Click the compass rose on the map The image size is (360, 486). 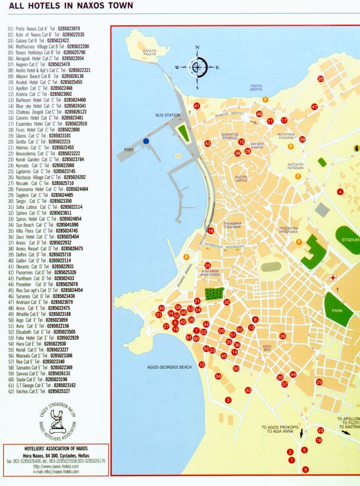[x=197, y=67]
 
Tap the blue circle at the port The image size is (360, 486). [x=146, y=141]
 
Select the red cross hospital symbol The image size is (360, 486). [x=332, y=278]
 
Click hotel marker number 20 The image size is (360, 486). [x=320, y=79]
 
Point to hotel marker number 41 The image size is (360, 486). [x=197, y=106]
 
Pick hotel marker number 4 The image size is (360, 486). [x=340, y=192]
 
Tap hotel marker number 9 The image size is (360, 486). [x=306, y=470]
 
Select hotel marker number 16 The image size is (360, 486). [x=211, y=231]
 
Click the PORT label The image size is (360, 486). [x=129, y=150]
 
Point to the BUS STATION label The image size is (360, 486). [x=168, y=115]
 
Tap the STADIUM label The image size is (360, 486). [x=350, y=240]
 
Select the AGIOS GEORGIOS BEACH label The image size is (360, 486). [x=169, y=367]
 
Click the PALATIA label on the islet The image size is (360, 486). [x=150, y=53]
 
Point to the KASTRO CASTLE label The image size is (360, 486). [x=242, y=179]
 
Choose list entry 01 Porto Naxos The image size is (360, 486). [x=44, y=29]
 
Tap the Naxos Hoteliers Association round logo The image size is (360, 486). [x=58, y=421]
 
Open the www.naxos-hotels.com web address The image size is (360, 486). [x=56, y=466]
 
